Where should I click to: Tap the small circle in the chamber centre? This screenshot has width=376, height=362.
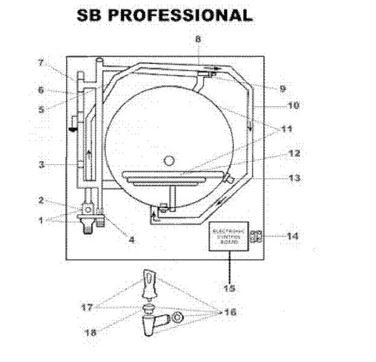170,160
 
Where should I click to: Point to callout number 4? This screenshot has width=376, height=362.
132,240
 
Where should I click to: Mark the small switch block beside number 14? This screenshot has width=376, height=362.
255,237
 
